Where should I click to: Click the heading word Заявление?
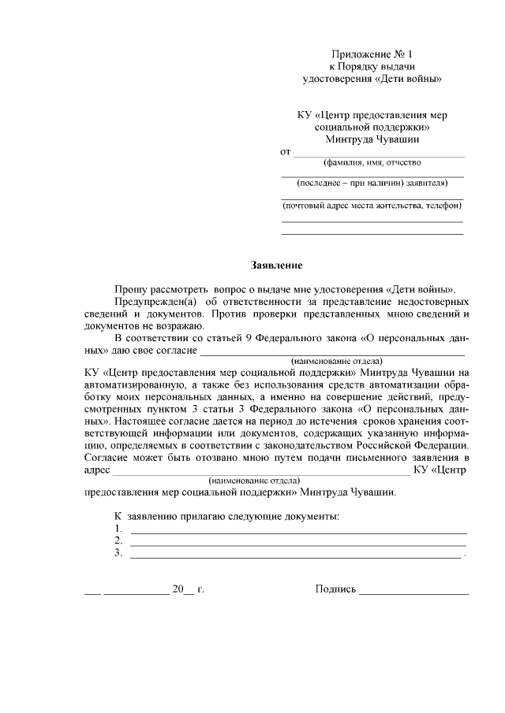[x=276, y=266]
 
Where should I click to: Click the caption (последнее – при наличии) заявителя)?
[x=372, y=184]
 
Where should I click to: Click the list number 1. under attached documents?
[x=118, y=529]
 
